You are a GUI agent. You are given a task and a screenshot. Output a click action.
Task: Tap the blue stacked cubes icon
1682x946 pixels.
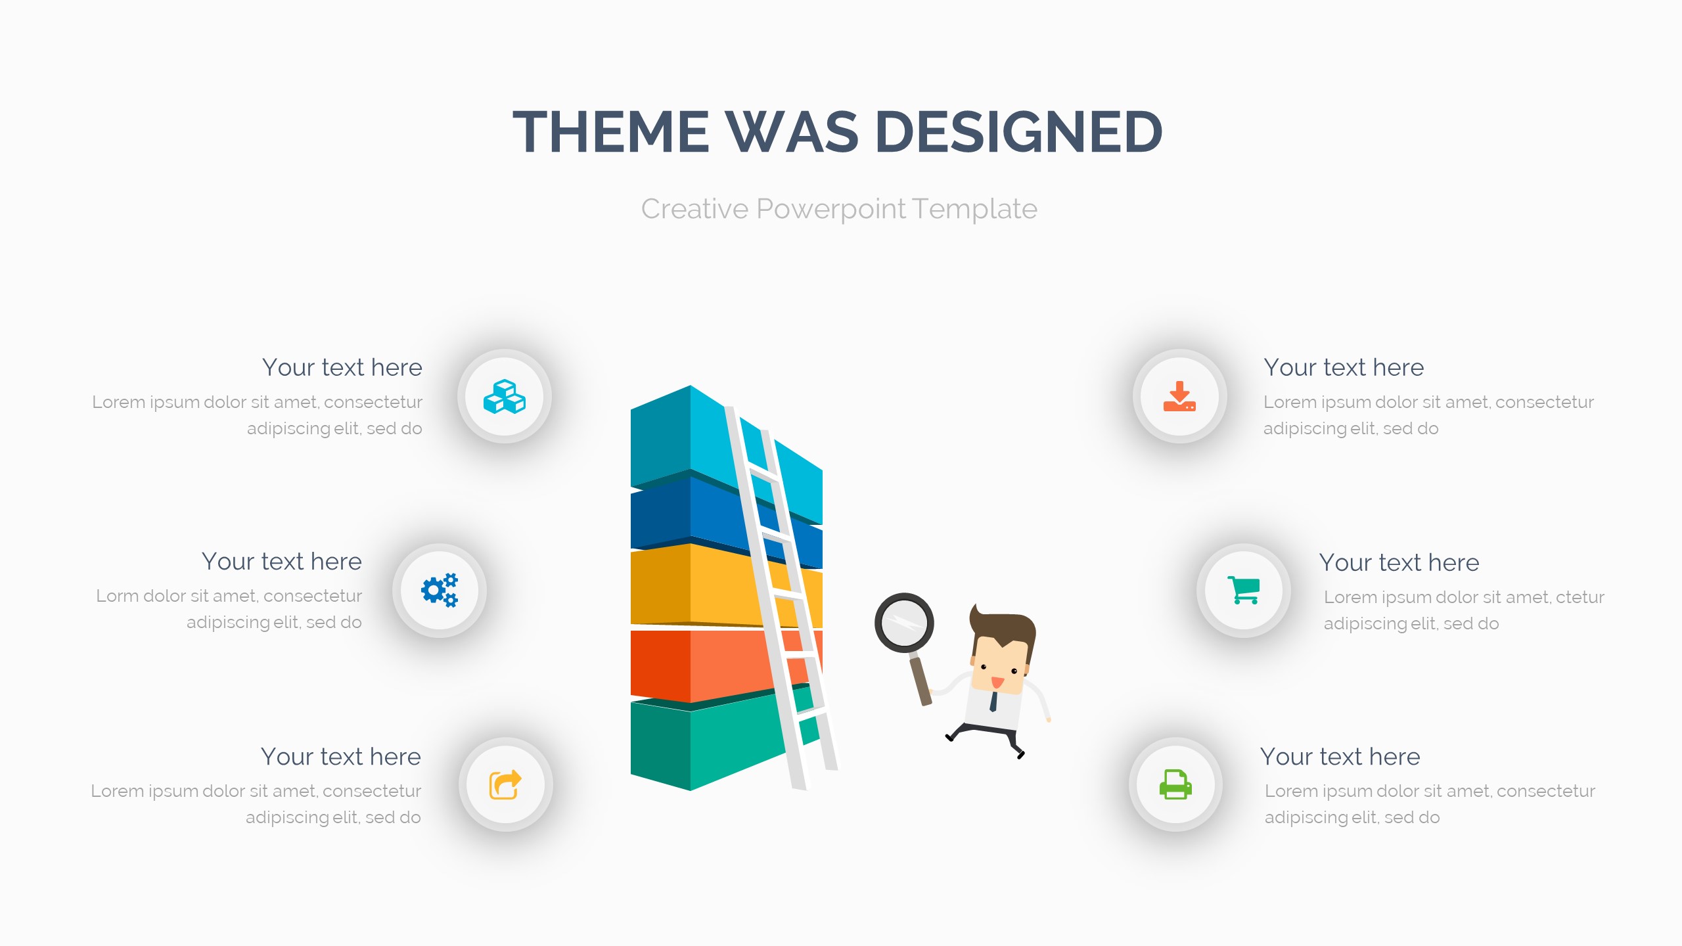505,397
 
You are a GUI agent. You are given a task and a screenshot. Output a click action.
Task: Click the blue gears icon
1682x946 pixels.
440,590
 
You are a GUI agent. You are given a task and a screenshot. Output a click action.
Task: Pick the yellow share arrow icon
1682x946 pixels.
505,784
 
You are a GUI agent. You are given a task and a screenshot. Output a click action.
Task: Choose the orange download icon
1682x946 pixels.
1179,396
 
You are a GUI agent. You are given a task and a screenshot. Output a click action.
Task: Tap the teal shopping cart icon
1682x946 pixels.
1243,590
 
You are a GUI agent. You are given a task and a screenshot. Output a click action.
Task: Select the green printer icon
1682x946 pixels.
1175,784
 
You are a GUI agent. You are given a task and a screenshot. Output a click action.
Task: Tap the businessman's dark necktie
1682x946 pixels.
993,701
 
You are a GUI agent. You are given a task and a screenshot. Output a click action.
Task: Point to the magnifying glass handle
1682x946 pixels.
920,680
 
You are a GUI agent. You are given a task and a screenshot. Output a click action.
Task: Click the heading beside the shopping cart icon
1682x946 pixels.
1399,563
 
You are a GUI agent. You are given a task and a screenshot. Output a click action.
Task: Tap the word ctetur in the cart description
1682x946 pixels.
1580,598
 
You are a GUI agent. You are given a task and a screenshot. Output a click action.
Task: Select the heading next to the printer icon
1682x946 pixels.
1340,757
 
